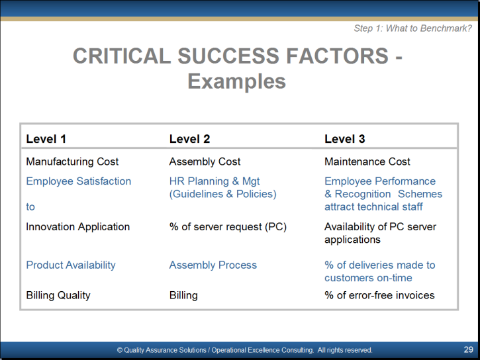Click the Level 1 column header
[46, 139]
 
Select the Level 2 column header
[189, 139]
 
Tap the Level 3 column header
[345, 139]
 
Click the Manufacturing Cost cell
[72, 161]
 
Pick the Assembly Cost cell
[205, 161]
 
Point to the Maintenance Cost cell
[367, 161]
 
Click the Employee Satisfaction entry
[79, 181]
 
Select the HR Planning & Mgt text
[215, 181]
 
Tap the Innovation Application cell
[77, 226]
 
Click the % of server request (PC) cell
[228, 227]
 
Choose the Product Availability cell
[71, 265]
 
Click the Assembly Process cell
[213, 265]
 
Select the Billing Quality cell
[58, 295]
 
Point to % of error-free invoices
[379, 295]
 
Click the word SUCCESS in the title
[228, 56]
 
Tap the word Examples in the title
[236, 81]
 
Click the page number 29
[468, 349]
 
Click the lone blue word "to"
[30, 206]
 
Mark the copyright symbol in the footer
[120, 350]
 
